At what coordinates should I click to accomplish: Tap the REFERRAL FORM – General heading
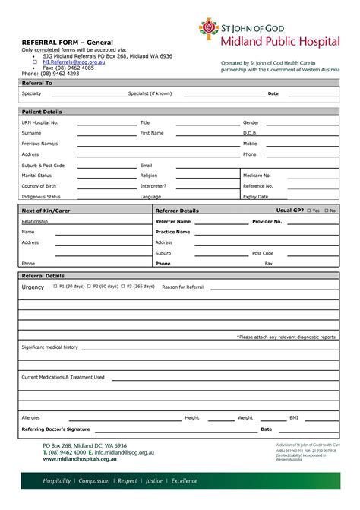[63, 42]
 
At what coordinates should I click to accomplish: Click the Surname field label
[32, 133]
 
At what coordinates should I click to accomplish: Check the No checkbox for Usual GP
[326, 211]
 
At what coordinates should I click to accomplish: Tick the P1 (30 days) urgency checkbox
[55, 287]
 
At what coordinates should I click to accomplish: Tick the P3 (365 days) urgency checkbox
[122, 287]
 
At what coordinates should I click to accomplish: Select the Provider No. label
[267, 221]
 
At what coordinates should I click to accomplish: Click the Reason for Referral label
[182, 287]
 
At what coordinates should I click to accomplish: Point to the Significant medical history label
[49, 347]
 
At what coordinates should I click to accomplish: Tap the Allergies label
[30, 417]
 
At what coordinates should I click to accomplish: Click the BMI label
[294, 417]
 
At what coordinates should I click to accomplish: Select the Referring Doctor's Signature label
[55, 429]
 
